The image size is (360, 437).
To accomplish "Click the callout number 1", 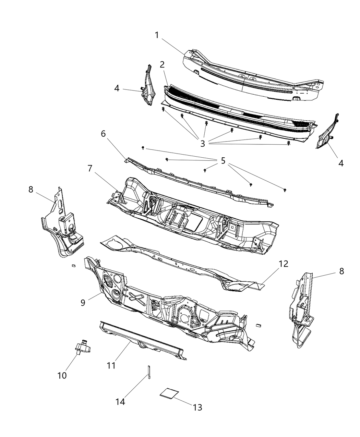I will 157,35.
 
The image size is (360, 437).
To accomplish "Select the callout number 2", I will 162,64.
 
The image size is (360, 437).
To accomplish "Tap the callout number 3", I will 203,144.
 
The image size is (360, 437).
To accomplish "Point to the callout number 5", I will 223,160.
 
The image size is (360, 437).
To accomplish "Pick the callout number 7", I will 90,168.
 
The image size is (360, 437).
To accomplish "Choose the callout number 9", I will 83,302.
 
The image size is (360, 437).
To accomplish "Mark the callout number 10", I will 62,375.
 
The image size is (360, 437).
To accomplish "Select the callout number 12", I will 283,264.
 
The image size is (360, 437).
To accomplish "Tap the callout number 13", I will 197,407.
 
